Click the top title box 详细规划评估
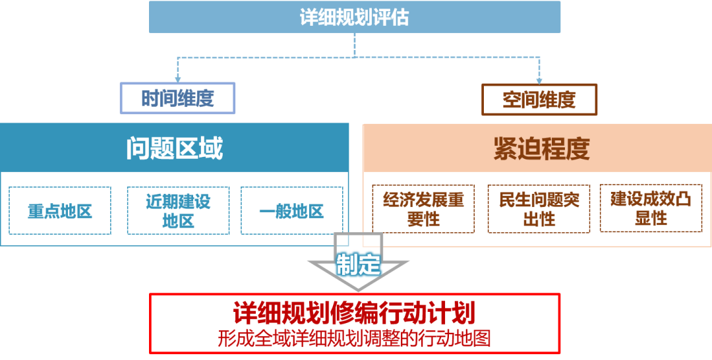coord(355,17)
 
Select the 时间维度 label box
coord(177,99)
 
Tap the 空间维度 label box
coord(539,100)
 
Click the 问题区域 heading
coord(174,148)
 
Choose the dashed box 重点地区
coord(59,210)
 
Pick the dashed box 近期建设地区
coord(178,210)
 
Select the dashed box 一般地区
coord(291,210)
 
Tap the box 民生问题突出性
coord(539,209)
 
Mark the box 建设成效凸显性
coord(650,209)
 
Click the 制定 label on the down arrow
coord(358,264)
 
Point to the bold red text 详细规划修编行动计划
coord(355,313)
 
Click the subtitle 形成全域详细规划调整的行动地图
coord(355,338)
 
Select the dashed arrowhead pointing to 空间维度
coord(539,79)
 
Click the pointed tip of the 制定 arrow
coord(358,291)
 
